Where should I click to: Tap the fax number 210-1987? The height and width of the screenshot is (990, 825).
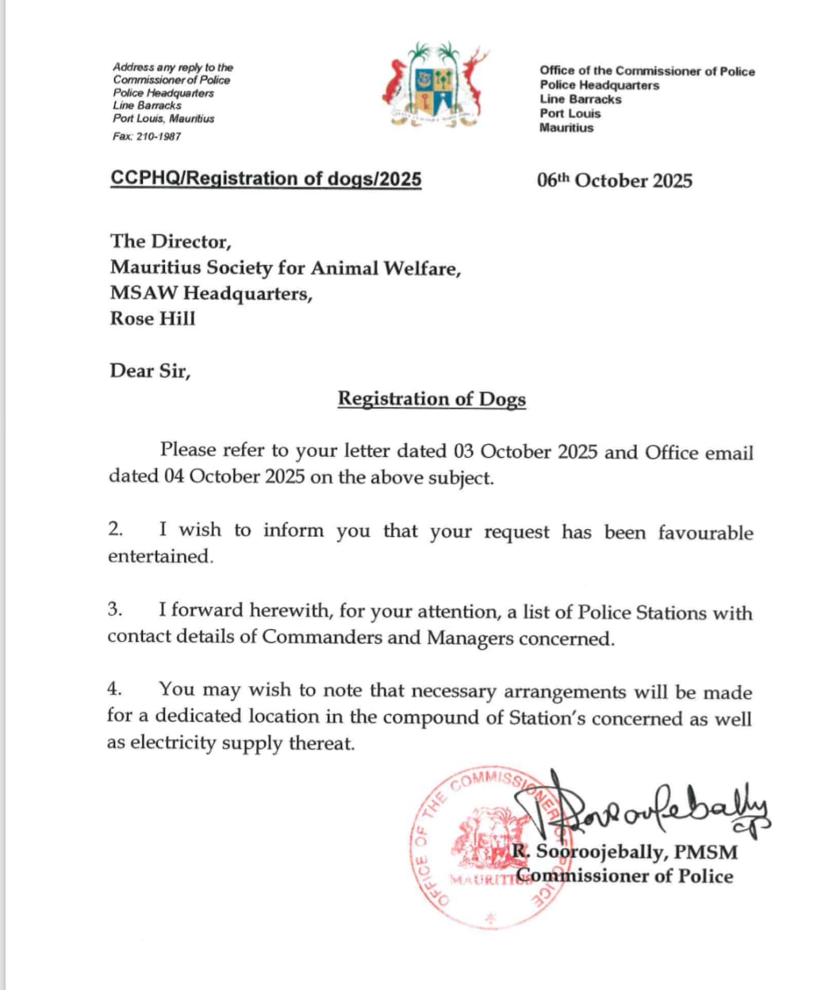click(x=159, y=136)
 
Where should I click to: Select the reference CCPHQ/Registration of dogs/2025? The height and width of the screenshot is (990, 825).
click(x=266, y=178)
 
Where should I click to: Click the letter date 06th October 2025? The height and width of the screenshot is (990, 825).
click(x=614, y=181)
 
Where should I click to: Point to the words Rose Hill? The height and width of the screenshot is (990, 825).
click(x=152, y=319)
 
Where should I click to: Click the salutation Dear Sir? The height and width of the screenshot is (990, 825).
click(x=150, y=370)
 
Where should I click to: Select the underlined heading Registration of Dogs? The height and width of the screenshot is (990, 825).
click(x=432, y=398)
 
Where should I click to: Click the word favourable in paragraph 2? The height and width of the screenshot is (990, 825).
click(x=704, y=532)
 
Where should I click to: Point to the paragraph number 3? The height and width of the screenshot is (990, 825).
click(x=115, y=609)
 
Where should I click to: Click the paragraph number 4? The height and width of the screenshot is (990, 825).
click(x=114, y=689)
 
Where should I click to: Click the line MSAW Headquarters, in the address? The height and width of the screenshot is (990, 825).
click(x=211, y=294)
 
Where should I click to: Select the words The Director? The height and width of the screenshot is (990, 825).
click(x=171, y=241)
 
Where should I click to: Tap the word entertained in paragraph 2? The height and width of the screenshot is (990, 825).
click(x=160, y=557)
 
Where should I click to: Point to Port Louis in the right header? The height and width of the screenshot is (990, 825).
click(x=570, y=113)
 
